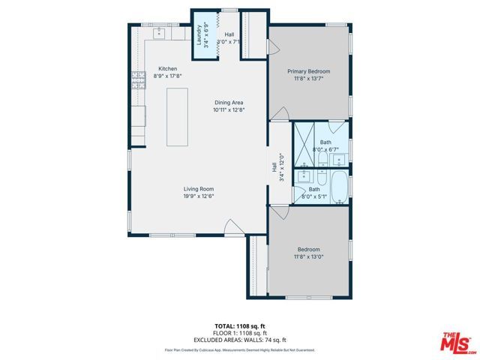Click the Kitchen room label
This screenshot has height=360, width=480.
(x=167, y=68)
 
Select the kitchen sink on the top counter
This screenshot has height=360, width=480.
(x=160, y=34)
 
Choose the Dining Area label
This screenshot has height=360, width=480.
(x=229, y=103)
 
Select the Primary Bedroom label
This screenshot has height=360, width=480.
(x=309, y=71)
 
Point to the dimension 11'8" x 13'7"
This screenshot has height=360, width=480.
(x=309, y=79)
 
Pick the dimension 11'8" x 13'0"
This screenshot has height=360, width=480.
(x=309, y=256)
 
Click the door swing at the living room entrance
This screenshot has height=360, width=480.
(x=232, y=225)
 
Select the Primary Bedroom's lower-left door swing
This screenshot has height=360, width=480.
(x=278, y=113)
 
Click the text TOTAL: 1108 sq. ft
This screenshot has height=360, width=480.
(x=240, y=326)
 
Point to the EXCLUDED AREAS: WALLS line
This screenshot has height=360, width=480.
(x=240, y=340)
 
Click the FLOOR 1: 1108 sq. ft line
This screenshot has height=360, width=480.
(x=240, y=333)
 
